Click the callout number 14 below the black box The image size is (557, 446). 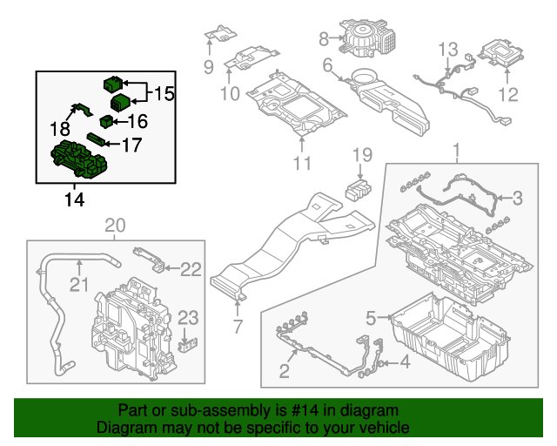coord(75,199)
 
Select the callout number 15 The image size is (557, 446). coord(164,93)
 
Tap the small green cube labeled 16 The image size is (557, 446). coord(106,120)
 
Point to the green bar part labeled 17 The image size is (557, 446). coord(96,139)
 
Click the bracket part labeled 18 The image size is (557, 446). coord(82,109)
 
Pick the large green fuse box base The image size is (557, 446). coord(79,159)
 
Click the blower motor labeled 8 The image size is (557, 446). coord(367,37)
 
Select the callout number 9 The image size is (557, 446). coord(209,67)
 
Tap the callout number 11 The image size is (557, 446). coord(302,164)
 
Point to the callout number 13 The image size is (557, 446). coord(448,50)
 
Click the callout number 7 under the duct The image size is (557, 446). coord(238,327)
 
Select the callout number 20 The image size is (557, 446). coord(116,226)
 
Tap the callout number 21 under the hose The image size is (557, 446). coord(79,285)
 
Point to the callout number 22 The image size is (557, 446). coord(191,269)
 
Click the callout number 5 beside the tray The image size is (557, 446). coord(371,318)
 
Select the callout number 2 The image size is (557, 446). coord(285,371)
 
